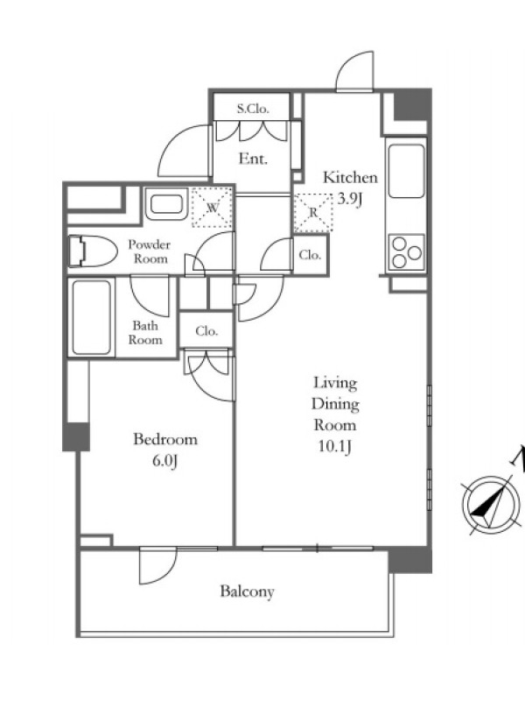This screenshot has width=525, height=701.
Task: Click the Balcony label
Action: pyautogui.click(x=247, y=591)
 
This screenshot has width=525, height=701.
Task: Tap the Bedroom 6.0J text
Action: pyautogui.click(x=165, y=450)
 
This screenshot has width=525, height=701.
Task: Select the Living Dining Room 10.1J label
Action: pyautogui.click(x=335, y=414)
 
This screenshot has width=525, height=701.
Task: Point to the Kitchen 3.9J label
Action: pyautogui.click(x=350, y=187)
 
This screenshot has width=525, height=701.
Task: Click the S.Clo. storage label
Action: pyautogui.click(x=253, y=108)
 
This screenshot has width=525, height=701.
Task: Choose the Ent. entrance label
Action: pyautogui.click(x=253, y=159)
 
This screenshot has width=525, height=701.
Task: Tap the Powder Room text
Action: pyautogui.click(x=150, y=251)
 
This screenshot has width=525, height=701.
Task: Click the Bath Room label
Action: pyautogui.click(x=145, y=332)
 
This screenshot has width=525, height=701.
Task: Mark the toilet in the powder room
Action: pyautogui.click(x=93, y=251)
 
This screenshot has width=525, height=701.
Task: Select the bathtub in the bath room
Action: pyautogui.click(x=92, y=317)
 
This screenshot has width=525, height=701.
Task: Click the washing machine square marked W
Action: pyautogui.click(x=212, y=208)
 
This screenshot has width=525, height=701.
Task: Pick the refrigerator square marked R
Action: pyautogui.click(x=313, y=212)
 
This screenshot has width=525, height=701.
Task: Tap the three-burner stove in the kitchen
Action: pyautogui.click(x=406, y=252)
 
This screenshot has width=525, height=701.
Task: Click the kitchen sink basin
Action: pyautogui.click(x=406, y=171)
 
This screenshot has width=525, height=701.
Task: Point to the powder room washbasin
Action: pyautogui.click(x=166, y=204)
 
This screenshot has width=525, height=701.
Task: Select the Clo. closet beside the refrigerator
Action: pyautogui.click(x=311, y=255)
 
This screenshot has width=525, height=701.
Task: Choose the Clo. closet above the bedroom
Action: pyautogui.click(x=206, y=331)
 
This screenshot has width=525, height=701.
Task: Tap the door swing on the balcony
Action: pyautogui.click(x=157, y=566)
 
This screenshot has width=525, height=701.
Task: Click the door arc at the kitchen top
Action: pyautogui.click(x=354, y=72)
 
